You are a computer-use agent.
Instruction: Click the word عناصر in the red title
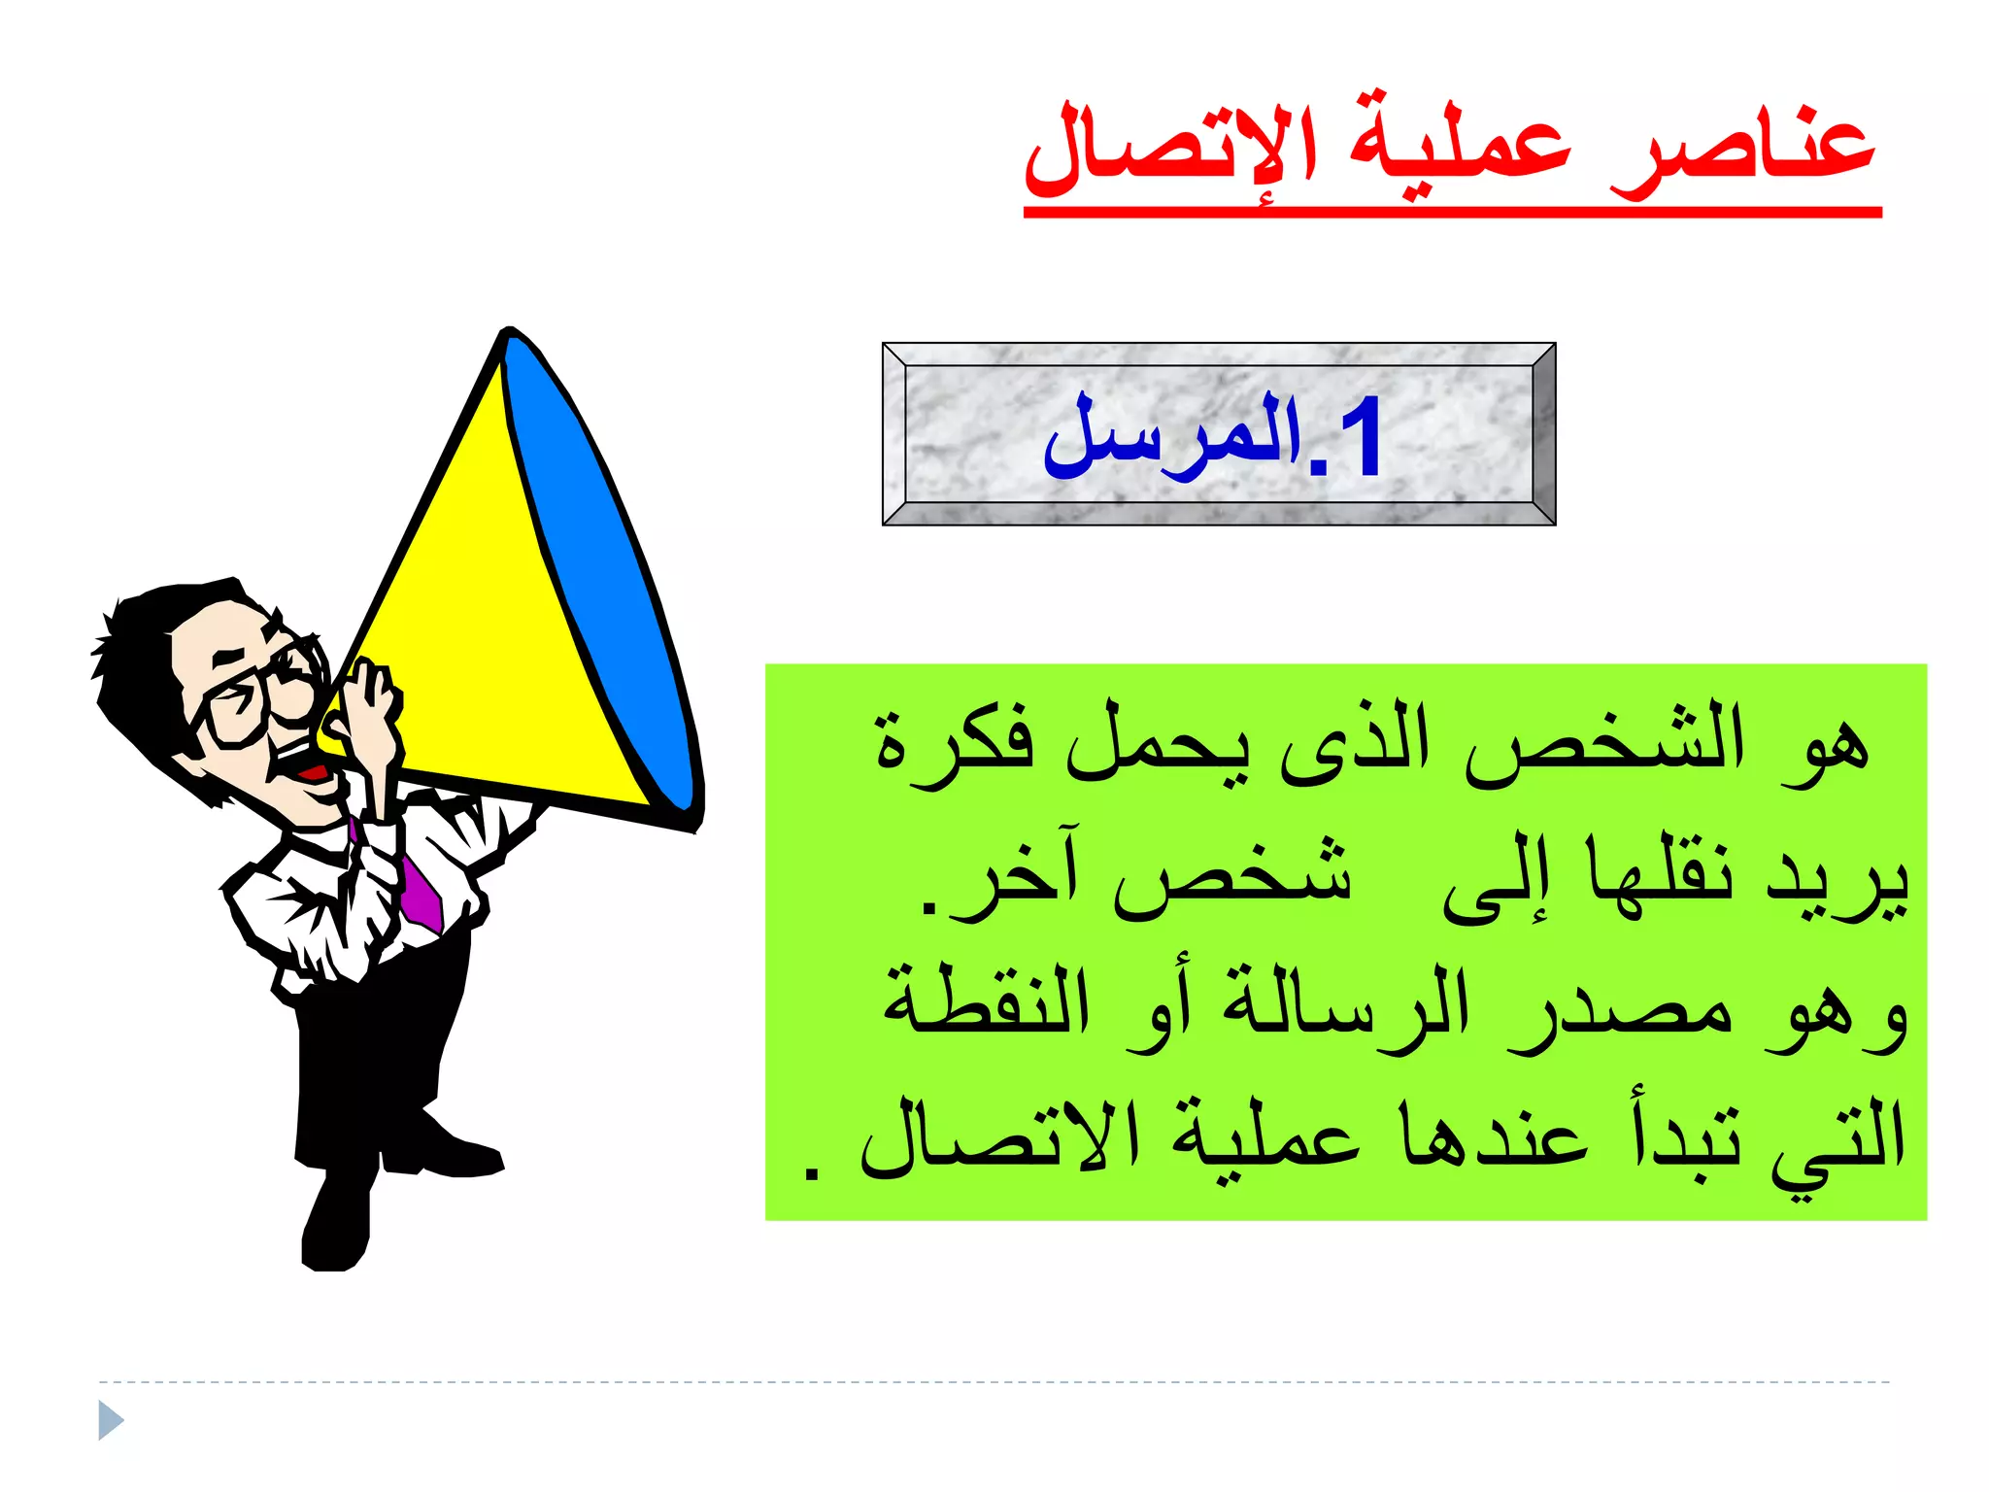[x=1741, y=151]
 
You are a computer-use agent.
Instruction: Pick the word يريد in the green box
[x=1836, y=879]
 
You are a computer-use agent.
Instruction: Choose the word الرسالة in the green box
[x=1345, y=1010]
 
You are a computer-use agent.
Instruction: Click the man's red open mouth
[x=313, y=773]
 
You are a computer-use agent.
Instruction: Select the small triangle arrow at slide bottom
[x=111, y=1420]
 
